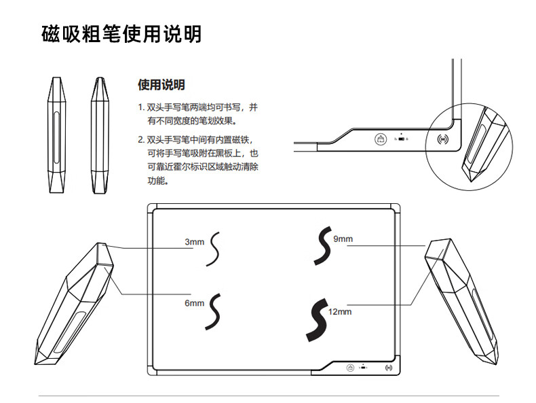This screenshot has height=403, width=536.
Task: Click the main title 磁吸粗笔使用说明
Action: (x=121, y=33)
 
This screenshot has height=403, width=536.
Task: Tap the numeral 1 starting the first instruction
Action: (x=140, y=107)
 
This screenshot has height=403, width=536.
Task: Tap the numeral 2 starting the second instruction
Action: (x=140, y=139)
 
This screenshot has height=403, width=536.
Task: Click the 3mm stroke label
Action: (x=194, y=242)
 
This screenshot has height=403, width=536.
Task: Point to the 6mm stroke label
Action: (x=194, y=304)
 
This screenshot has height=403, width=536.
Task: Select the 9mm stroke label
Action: (x=343, y=239)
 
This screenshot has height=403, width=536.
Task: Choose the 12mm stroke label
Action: (x=340, y=312)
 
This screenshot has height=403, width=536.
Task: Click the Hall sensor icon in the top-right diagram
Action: (x=443, y=140)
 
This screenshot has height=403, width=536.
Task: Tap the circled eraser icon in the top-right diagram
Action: (x=381, y=139)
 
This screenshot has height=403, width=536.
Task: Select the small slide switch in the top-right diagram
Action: (x=402, y=139)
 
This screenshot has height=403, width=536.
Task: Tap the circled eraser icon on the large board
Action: (x=348, y=368)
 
